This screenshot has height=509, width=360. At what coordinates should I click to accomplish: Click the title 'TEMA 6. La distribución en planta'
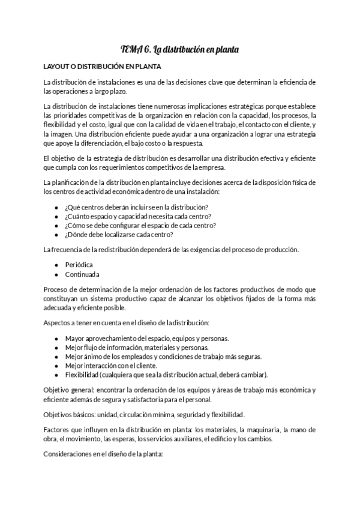(x=179, y=50)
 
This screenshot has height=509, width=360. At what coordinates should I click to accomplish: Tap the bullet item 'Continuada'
(x=83, y=274)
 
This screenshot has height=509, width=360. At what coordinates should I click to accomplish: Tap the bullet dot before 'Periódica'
(x=56, y=264)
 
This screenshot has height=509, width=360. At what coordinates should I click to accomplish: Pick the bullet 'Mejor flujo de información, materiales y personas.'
(x=137, y=347)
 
